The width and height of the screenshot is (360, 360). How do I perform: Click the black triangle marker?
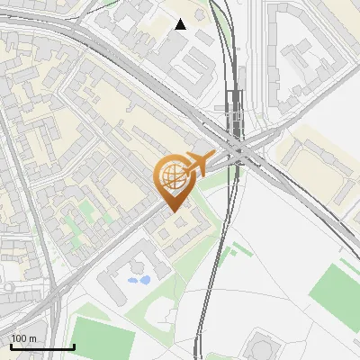[x=181, y=24]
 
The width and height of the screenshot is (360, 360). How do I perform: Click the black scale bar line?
[x=41, y=347]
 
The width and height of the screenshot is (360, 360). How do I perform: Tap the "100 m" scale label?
[x=23, y=338]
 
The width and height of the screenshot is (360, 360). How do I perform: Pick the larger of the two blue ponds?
[x=139, y=281]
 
